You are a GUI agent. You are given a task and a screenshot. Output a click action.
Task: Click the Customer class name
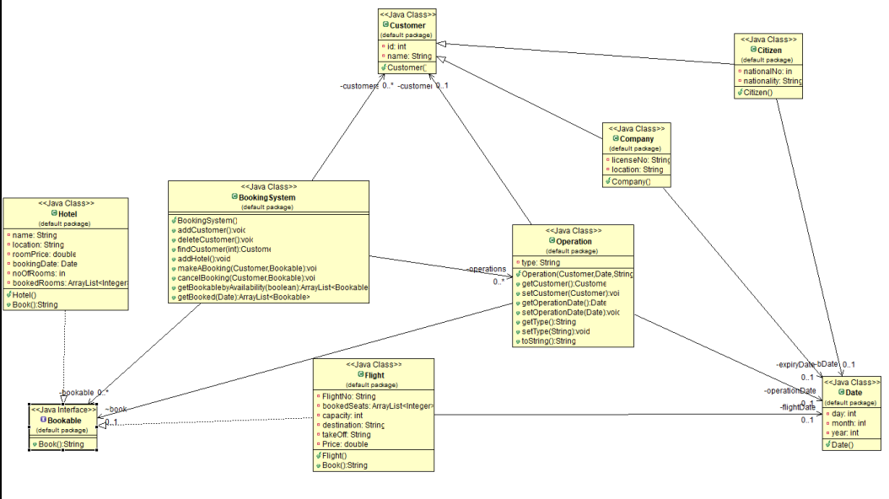tap(407, 25)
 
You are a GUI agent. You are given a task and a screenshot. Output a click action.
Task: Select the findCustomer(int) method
tap(224, 249)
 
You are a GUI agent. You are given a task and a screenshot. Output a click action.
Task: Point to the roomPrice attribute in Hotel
tap(43, 254)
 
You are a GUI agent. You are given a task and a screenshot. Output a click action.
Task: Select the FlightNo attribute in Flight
tap(348, 396)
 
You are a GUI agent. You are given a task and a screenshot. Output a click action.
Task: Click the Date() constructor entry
tap(842, 444)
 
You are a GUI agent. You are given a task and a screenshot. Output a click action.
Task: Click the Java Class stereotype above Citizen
tap(768, 40)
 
